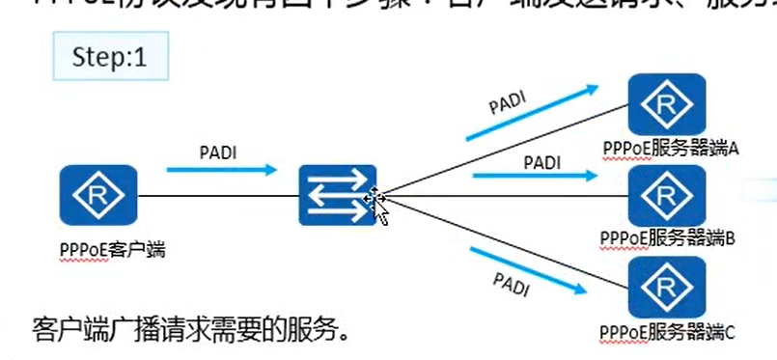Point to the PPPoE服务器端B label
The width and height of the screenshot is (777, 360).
click(x=668, y=237)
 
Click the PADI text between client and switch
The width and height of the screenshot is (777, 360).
click(x=218, y=152)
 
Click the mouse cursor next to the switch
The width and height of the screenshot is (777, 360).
click(x=377, y=206)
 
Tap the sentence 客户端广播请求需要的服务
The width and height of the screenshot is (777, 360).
click(x=188, y=331)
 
